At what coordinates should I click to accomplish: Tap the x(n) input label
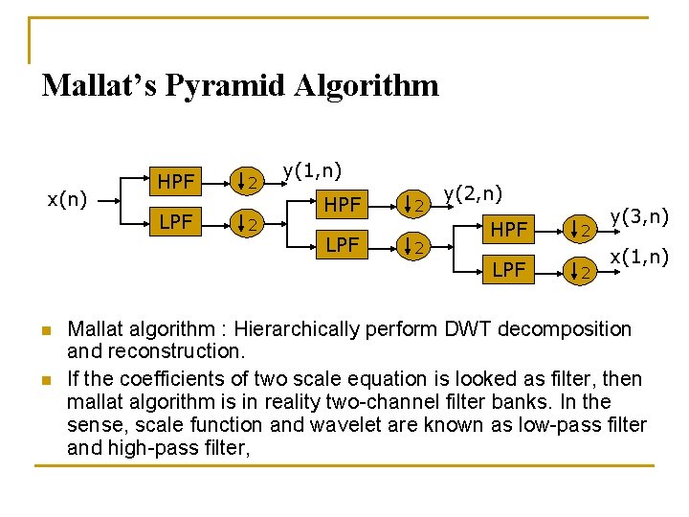pyautogui.click(x=68, y=199)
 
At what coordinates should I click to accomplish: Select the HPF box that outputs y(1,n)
pyautogui.click(x=176, y=181)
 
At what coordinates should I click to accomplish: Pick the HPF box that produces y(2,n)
pyautogui.click(x=343, y=203)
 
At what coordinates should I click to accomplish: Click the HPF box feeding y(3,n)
pyautogui.click(x=508, y=229)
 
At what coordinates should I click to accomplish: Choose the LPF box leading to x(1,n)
pyautogui.click(x=508, y=271)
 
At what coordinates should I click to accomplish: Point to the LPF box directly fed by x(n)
pyautogui.click(x=176, y=223)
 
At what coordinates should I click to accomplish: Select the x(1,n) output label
pyautogui.click(x=639, y=258)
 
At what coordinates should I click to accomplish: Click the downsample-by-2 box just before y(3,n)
pyautogui.click(x=581, y=230)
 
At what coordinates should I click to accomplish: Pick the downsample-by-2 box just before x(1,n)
pyautogui.click(x=581, y=273)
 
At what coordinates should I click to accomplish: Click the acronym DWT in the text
pyautogui.click(x=467, y=329)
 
